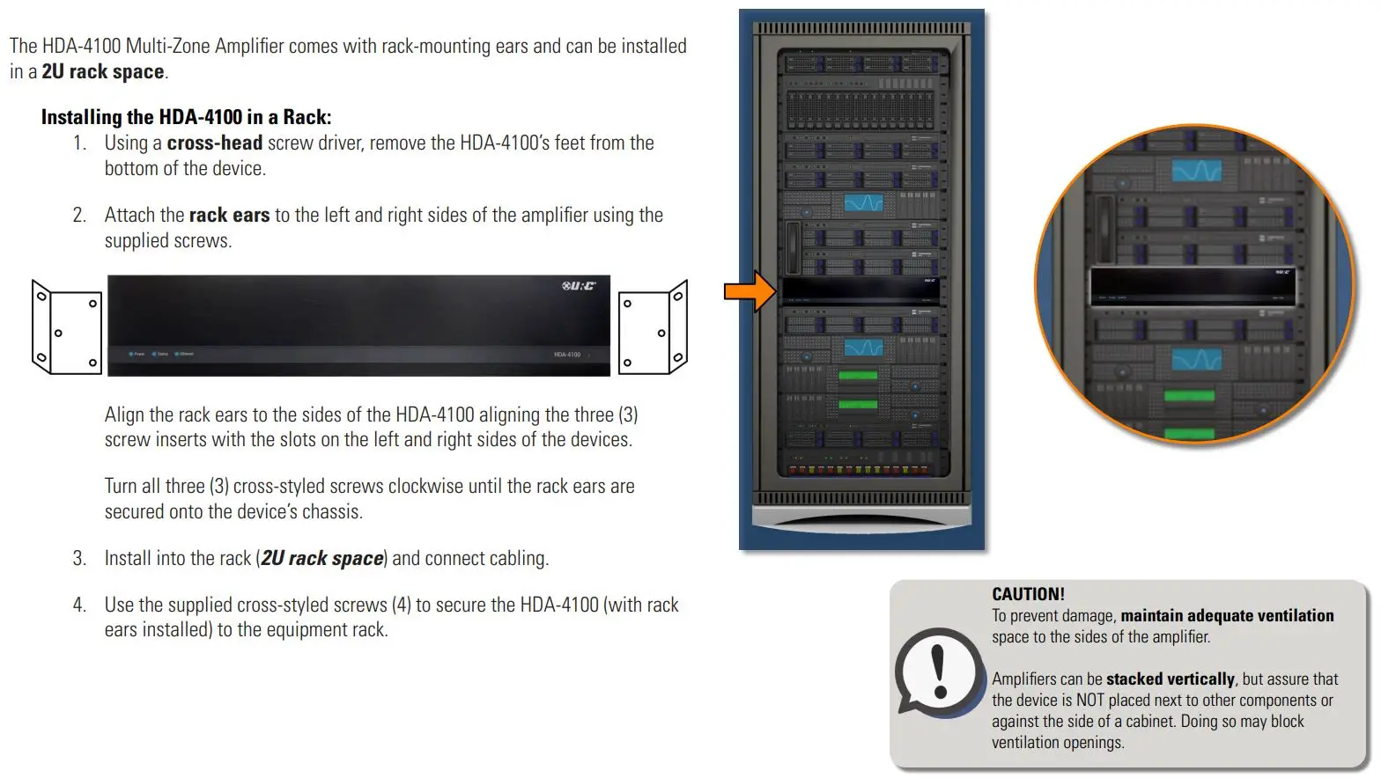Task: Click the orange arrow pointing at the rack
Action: [x=749, y=291]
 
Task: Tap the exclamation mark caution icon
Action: [x=939, y=672]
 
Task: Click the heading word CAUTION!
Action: [x=1028, y=594]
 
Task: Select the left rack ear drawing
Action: [x=66, y=327]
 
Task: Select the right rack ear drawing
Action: [x=653, y=327]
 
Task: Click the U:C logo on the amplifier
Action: [x=579, y=286]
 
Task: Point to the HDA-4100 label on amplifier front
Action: [x=567, y=355]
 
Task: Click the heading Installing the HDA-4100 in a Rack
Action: [x=186, y=117]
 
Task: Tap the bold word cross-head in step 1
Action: [x=214, y=143]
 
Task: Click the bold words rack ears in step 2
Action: [x=229, y=215]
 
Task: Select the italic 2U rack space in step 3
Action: [x=321, y=558]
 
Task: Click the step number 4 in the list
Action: [x=79, y=605]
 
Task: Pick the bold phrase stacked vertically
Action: [x=1170, y=679]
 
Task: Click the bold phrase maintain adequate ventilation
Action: [x=1227, y=615]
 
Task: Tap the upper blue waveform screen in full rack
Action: [x=863, y=203]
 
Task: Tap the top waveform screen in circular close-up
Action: [x=1196, y=170]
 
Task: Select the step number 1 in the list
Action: [x=79, y=143]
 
